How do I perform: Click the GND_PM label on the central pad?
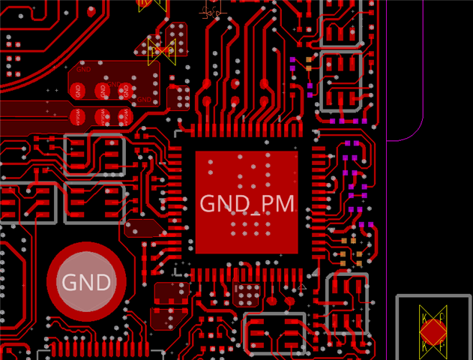pos(247,203)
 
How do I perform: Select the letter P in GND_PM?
pos(266,203)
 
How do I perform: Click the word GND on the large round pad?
pos(86,283)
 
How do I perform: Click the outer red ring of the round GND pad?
pos(86,249)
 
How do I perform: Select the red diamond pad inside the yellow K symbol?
pos(433,331)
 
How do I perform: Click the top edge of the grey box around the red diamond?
pos(433,297)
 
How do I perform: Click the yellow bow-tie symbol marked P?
pos(162,50)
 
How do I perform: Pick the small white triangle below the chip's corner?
pos(303,286)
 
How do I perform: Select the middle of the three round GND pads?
pos(103,91)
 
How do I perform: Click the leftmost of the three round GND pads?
pos(78,91)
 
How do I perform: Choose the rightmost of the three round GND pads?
pos(125,91)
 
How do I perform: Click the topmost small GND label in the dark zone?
pos(83,69)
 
